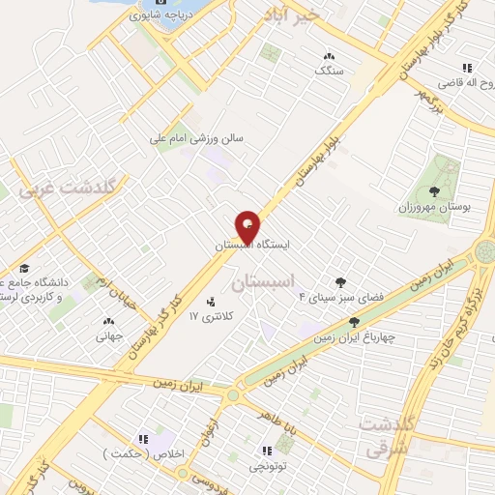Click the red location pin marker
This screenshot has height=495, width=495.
[248, 226]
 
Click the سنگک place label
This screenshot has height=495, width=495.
[330, 71]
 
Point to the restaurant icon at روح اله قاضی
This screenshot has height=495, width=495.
[467, 68]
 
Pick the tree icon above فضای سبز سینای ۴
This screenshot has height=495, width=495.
[339, 281]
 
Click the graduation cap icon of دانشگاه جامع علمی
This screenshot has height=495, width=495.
[23, 269]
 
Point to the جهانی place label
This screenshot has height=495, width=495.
[106, 337]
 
